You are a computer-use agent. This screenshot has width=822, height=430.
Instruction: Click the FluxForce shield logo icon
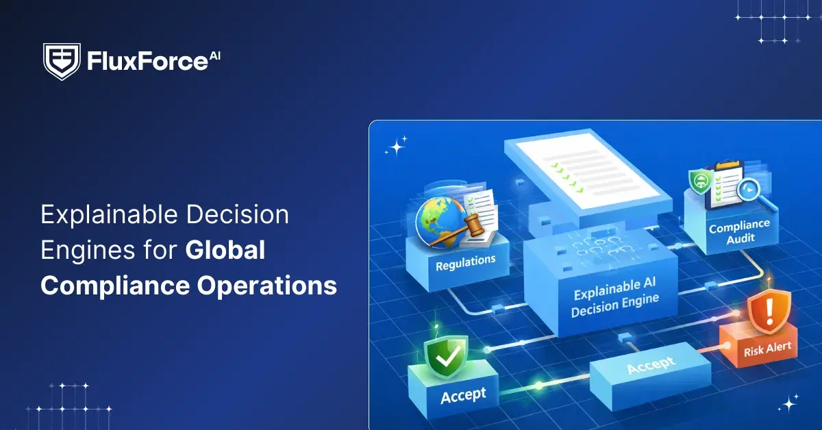point(62,62)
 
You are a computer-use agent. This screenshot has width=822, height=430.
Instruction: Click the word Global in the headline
point(225,250)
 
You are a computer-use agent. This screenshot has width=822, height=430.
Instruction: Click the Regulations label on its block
point(465,262)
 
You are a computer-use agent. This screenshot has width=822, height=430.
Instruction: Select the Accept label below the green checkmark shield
point(463,396)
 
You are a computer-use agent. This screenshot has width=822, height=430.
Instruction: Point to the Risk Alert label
point(767,349)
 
